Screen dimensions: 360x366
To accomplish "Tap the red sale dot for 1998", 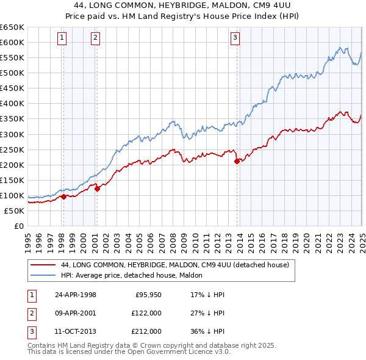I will pos(64,196).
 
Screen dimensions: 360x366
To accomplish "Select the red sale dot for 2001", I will pos(97,189).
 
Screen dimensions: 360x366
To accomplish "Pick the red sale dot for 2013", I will pos(237,161).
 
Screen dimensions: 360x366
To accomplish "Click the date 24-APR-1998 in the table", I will pos(75,294).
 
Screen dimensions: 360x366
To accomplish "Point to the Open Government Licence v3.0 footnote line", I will pos(129,352).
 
